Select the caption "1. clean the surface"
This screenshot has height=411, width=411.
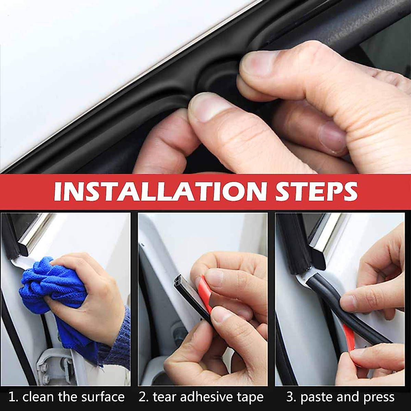pos(66,397)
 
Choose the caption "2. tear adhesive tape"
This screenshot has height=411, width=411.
pos(201,397)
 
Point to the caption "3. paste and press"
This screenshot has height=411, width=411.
pos(340,397)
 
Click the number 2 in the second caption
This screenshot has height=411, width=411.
pos(142,397)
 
